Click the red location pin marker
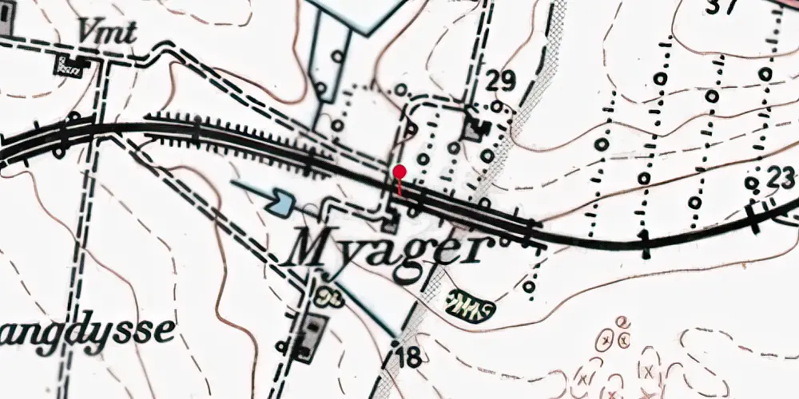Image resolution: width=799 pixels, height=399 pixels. tap(399, 172)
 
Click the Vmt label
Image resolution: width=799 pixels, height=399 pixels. tap(107, 32)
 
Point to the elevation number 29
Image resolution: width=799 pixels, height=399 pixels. tap(500, 81)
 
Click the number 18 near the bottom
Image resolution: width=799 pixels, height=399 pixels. tap(407, 357)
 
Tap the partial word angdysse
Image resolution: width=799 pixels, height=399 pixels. tap(85, 330)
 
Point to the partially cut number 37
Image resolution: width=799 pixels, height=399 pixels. tap(723, 6)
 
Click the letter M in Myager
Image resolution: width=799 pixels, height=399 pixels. tap(315, 248)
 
